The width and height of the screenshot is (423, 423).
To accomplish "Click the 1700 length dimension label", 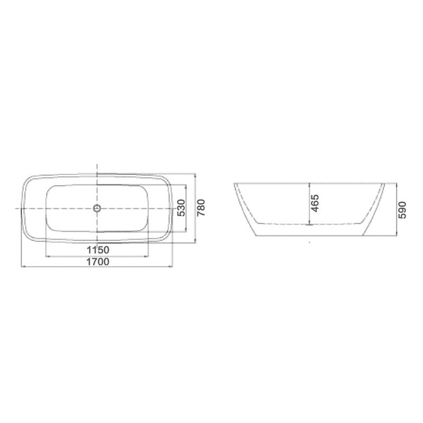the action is [x=98, y=262].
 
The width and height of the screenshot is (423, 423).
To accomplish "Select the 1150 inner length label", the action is [x=98, y=250].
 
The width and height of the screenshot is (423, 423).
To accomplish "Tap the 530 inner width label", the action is [x=181, y=208].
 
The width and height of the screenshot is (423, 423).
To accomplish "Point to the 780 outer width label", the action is [x=201, y=207].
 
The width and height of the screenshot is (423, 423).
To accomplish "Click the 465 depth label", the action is [x=315, y=203].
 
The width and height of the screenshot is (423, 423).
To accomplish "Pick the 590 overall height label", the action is [x=402, y=210].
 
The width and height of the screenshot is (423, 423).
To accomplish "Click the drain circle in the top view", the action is [x=97, y=208].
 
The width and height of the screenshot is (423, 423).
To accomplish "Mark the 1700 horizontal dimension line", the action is [x=97, y=266].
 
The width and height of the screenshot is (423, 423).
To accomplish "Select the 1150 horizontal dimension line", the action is [x=97, y=256].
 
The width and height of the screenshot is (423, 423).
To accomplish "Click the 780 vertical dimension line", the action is [x=195, y=208].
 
